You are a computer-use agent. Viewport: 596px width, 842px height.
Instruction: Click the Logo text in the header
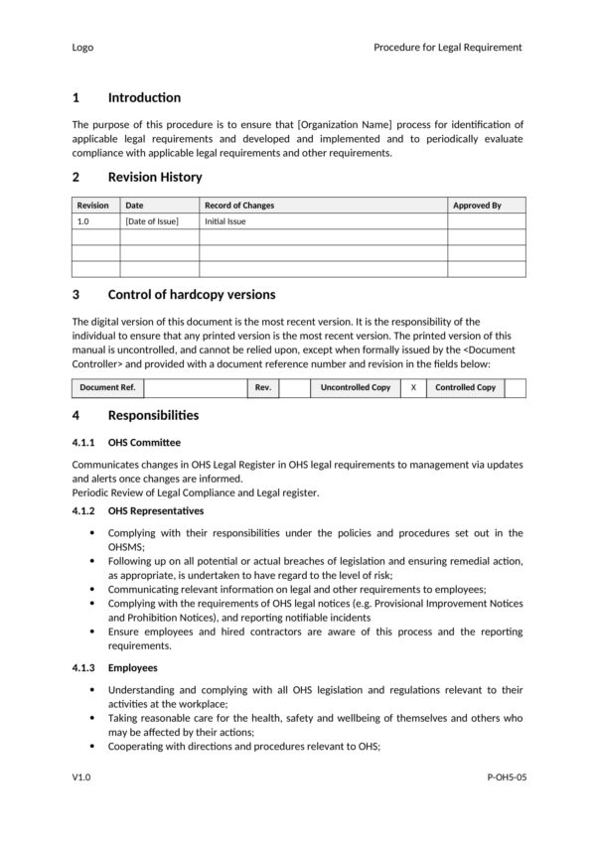[x=83, y=47]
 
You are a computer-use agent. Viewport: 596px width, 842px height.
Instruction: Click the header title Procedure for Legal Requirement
[x=447, y=47]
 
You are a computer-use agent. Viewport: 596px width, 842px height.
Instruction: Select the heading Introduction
[x=144, y=97]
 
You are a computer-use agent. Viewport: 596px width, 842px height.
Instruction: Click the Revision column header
[x=93, y=206]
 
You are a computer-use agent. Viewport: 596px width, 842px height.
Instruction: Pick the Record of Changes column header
[x=239, y=206]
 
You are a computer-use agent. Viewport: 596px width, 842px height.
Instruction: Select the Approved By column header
[x=477, y=206]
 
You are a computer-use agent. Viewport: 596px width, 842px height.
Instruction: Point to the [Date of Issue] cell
[x=152, y=221]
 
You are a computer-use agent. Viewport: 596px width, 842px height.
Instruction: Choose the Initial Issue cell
[x=225, y=221]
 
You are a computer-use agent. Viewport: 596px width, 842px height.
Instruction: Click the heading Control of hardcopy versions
[x=191, y=295]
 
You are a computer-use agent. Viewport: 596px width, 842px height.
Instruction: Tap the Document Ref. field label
[x=107, y=387]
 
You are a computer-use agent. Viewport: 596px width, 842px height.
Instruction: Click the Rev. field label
[x=263, y=387]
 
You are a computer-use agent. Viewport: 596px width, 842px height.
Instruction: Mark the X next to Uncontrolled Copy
[x=413, y=387]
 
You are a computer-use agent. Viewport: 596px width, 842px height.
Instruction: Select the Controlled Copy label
[x=465, y=387]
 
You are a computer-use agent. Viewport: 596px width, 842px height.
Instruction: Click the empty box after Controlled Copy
[x=515, y=387]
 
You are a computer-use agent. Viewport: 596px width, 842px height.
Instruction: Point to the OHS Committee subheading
[x=145, y=442]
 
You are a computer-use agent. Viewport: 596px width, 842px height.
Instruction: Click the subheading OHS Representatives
[x=156, y=510]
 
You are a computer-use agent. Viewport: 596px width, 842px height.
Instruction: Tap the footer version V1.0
[x=81, y=779]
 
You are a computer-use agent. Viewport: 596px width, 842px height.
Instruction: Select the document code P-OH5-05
[x=507, y=779]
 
